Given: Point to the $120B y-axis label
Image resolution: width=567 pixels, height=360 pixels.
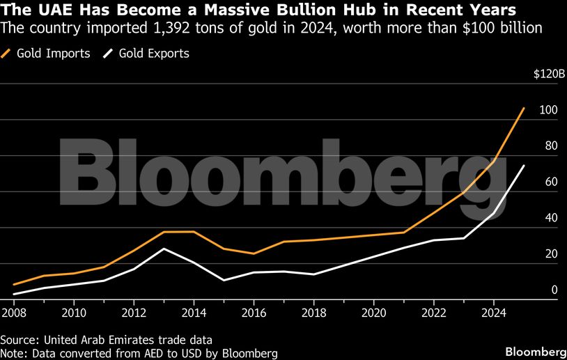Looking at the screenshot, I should [x=543, y=74].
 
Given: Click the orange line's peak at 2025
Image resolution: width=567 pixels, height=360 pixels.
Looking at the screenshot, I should [x=524, y=108].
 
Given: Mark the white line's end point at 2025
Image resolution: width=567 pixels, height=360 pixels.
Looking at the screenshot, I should [x=524, y=166].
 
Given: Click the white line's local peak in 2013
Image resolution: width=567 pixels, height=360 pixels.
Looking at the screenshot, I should [x=164, y=249].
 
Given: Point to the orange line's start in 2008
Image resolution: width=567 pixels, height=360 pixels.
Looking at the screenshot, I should [x=15, y=285].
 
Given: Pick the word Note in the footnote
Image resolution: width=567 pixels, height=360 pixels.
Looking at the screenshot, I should [x=13, y=353].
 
